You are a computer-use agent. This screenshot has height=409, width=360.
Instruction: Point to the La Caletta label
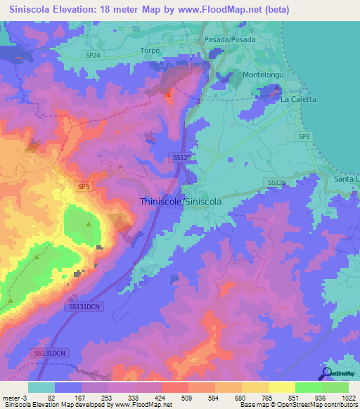(298, 99)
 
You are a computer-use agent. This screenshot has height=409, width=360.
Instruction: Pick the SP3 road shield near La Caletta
(303, 136)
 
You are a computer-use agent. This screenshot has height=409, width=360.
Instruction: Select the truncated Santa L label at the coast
(346, 179)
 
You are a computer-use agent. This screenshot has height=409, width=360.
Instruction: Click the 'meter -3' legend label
(13, 396)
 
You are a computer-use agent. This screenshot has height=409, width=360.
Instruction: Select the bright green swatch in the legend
(308, 387)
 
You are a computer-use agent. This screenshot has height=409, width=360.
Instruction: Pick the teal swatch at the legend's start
(41, 387)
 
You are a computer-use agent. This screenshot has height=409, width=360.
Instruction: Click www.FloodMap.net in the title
(217, 10)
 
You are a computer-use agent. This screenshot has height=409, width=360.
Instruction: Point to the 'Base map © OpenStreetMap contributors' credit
(298, 405)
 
